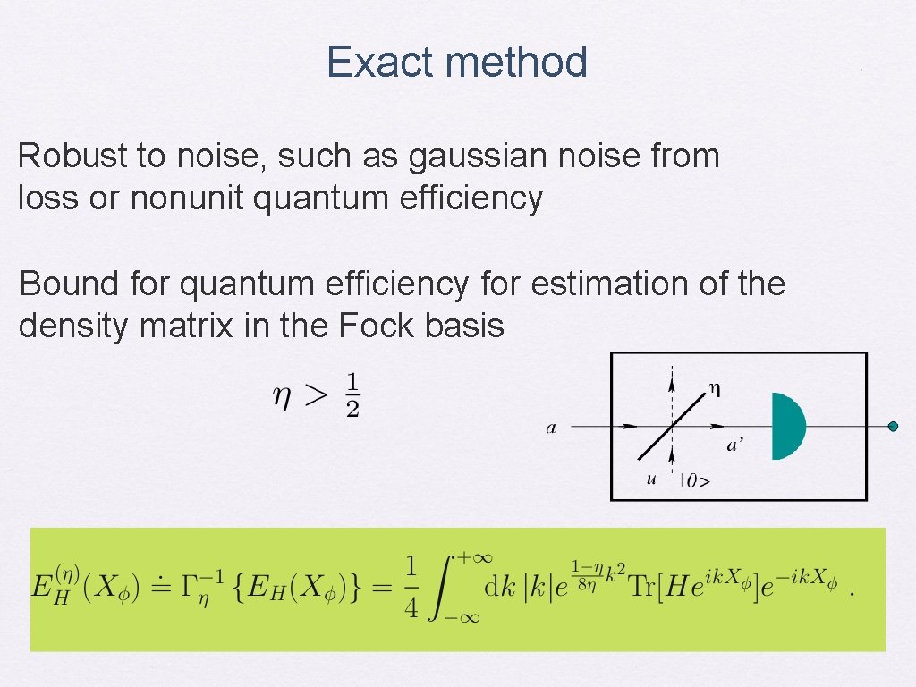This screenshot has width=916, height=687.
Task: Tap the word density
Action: [73, 327]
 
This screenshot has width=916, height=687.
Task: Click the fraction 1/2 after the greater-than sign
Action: [352, 394]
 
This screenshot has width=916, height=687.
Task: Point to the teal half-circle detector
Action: [786, 426]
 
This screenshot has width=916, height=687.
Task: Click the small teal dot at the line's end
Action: [892, 427]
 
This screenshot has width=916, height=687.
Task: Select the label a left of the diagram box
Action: [551, 428]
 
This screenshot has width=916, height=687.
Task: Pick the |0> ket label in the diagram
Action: [696, 480]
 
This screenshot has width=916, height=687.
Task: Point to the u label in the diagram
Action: [651, 479]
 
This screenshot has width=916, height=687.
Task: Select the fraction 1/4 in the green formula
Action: [411, 587]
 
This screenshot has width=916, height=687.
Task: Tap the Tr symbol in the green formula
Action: [639, 589]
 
